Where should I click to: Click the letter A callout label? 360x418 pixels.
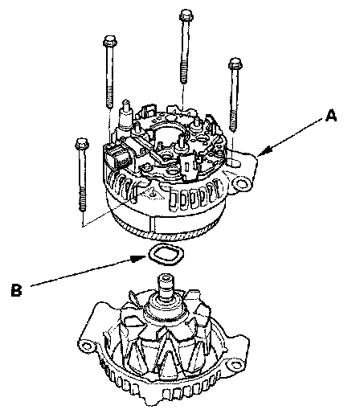[331, 115]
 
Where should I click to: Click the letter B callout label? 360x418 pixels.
[16, 289]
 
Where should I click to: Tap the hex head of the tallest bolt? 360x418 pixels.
[186, 15]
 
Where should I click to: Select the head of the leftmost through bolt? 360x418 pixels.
[82, 144]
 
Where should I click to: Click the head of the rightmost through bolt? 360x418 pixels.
[235, 64]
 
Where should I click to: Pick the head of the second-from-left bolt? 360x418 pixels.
[110, 42]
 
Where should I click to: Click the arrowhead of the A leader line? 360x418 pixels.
[264, 152]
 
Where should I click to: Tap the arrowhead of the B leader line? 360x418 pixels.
[139, 258]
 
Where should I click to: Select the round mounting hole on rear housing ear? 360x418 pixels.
[242, 183]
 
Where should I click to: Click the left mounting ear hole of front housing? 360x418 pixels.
[87, 346]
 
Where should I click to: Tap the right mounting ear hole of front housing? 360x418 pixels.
[235, 365]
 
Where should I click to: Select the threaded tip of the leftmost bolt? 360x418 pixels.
[83, 199]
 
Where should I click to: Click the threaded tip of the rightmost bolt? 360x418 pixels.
[233, 122]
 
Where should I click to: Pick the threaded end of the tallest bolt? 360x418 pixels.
[183, 74]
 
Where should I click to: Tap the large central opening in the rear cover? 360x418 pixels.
[167, 131]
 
